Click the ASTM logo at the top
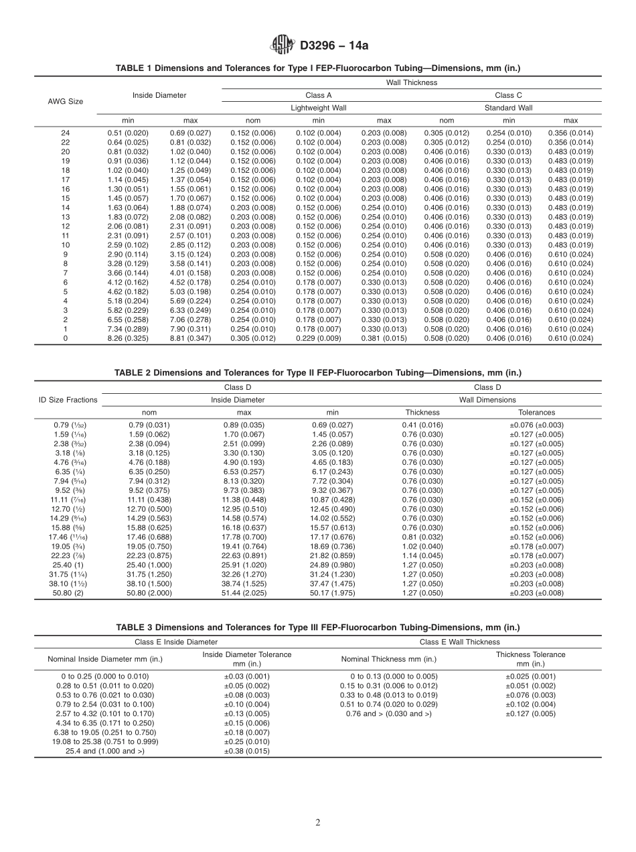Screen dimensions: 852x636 click(282, 46)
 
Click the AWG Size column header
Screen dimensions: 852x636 click(66, 101)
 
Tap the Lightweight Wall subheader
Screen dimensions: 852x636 click(318, 108)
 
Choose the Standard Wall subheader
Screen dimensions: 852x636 click(508, 108)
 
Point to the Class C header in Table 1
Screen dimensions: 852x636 click(508, 95)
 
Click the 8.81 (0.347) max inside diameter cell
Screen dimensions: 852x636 click(190, 338)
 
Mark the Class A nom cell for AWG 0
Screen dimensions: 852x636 click(252, 338)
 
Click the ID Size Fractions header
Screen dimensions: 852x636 click(67, 400)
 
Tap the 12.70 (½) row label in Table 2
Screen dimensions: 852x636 click(67, 509)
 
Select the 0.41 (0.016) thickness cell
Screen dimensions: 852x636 click(422, 425)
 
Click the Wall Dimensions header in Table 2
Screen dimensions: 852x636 click(487, 400)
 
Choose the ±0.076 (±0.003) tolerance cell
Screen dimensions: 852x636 click(536, 425)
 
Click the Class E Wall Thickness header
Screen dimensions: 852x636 click(459, 642)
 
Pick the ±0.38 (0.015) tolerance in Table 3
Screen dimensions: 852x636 click(247, 751)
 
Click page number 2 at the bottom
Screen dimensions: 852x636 click(318, 823)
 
